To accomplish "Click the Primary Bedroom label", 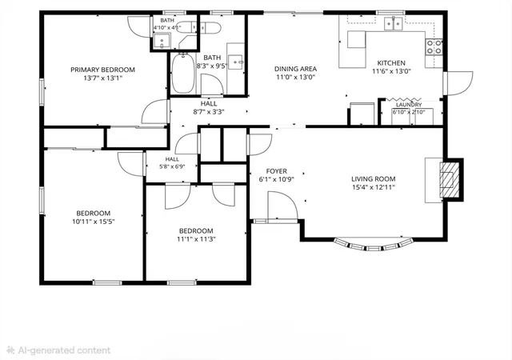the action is point(102,70).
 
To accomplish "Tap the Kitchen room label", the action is point(391,63).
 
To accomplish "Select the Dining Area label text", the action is point(295,69).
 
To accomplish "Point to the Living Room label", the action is point(374,179).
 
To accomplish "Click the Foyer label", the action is point(277,171).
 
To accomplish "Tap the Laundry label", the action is point(409,105).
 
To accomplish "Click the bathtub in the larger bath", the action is point(183,74).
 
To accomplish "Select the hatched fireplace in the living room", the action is point(450,179).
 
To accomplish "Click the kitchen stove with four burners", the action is point(434,46).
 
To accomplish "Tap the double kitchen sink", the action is point(393,23).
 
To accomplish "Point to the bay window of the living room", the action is point(374,246).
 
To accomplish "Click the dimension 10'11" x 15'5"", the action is point(94,222).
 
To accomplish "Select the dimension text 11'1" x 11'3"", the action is point(196,239).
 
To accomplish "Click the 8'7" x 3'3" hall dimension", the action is point(209,112).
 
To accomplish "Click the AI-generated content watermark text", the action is point(64,350).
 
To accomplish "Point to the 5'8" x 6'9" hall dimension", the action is point(172,166).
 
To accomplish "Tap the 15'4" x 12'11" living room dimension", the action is point(374,187).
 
